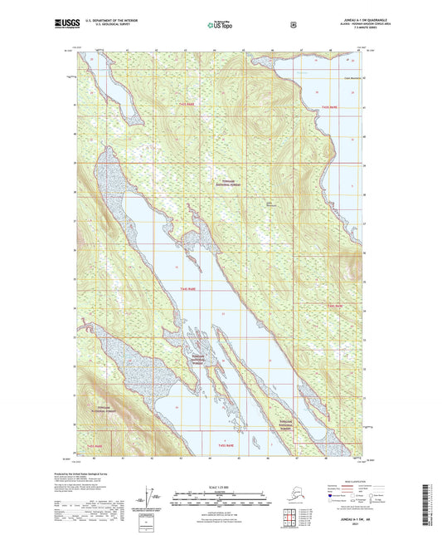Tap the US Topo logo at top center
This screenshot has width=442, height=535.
220,26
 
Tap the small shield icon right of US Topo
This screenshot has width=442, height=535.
293,25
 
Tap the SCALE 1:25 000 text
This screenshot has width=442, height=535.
221,486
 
